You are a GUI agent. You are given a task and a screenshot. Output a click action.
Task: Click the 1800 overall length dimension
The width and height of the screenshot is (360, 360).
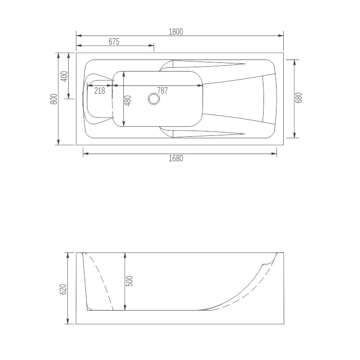(176, 32)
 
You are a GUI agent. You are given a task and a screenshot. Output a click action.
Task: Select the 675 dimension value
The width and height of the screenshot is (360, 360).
(114, 42)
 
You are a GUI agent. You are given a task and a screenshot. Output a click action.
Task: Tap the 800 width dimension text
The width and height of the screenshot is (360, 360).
(54, 98)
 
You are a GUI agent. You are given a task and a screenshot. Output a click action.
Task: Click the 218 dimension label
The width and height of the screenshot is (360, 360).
(99, 90)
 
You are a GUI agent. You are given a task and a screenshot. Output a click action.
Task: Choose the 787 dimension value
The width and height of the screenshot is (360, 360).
(163, 90)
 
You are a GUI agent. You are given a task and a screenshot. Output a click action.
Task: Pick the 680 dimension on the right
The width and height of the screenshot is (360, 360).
(300, 98)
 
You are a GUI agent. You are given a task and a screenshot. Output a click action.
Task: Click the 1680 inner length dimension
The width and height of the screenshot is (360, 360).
(176, 158)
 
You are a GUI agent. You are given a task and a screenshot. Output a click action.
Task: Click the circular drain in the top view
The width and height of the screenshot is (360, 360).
(154, 99)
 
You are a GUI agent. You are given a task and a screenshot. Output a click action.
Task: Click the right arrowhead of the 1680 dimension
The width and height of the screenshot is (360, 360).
(275, 154)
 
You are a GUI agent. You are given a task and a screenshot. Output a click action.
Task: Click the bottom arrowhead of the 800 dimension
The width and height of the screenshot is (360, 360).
(58, 142)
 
